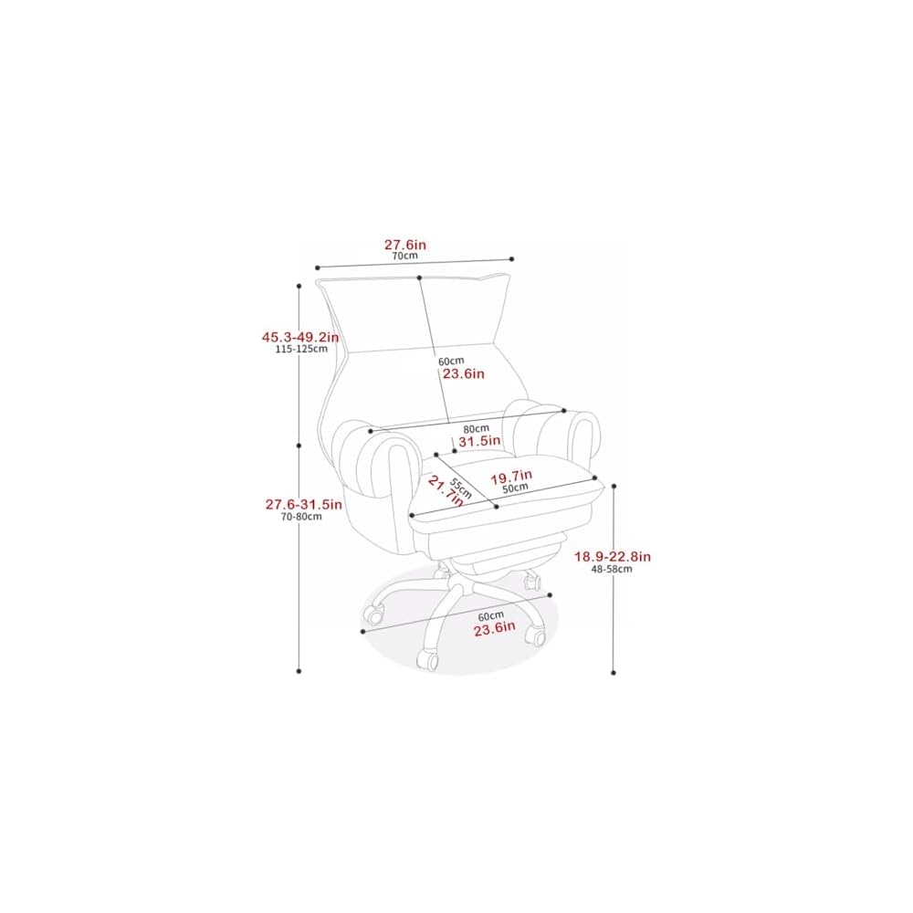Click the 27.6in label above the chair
[404, 245]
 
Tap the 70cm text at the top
[404, 256]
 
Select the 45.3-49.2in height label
[300, 337]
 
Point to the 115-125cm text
[301, 349]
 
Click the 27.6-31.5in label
[304, 504]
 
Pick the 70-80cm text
[301, 517]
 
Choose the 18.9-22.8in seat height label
[613, 557]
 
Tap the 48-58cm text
[612, 569]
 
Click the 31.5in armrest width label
[479, 441]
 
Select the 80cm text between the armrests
[477, 428]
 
